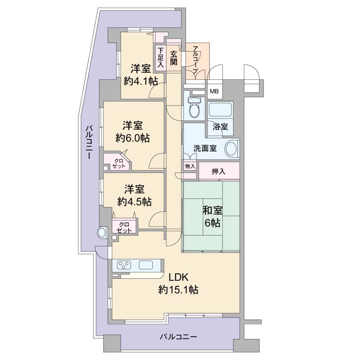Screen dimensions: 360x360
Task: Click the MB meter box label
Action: [x=214, y=92]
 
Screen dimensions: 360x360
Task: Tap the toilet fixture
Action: [x=195, y=107]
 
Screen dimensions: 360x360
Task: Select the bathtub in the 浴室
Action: [x=220, y=110]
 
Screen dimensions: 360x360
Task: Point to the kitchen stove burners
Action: [x=124, y=265]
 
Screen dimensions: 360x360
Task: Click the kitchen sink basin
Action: [x=146, y=265]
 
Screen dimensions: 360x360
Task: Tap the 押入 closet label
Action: [x=218, y=171]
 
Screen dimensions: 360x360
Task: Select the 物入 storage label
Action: [x=190, y=166]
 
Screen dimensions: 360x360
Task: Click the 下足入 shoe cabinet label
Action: [x=161, y=57]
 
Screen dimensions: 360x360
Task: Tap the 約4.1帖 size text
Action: [x=141, y=81]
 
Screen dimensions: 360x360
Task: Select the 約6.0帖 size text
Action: [x=133, y=138]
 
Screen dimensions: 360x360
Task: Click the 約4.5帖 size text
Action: [x=134, y=202]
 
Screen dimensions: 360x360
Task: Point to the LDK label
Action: [x=178, y=278]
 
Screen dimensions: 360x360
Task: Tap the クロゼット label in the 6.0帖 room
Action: [x=118, y=163]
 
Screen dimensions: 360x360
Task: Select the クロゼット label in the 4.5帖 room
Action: [x=124, y=227]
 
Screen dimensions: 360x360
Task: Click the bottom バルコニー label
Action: [x=178, y=337]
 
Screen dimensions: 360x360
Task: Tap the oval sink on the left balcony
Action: [x=102, y=233]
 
